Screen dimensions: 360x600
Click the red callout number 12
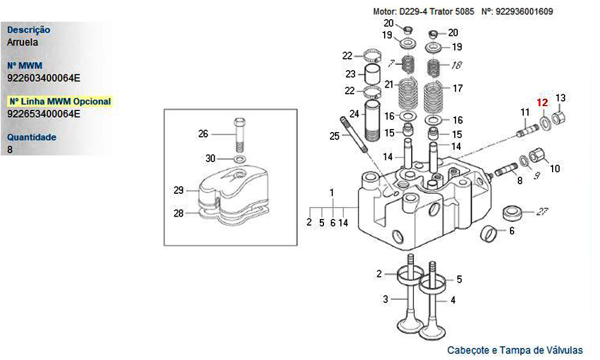point(542,103)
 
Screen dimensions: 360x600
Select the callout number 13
point(560,98)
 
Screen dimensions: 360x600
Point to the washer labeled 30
point(239,159)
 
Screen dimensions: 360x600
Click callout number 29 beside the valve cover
point(178,191)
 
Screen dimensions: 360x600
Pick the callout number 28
point(178,213)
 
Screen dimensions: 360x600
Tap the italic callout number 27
point(543,211)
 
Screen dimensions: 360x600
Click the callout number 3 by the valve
point(386,299)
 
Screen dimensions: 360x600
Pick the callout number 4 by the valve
point(453,299)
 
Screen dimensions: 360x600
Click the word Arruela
point(23,42)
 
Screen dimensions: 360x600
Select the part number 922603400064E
point(43,77)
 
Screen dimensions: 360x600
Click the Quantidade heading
point(32,137)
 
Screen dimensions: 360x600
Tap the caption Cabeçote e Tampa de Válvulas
point(515,350)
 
